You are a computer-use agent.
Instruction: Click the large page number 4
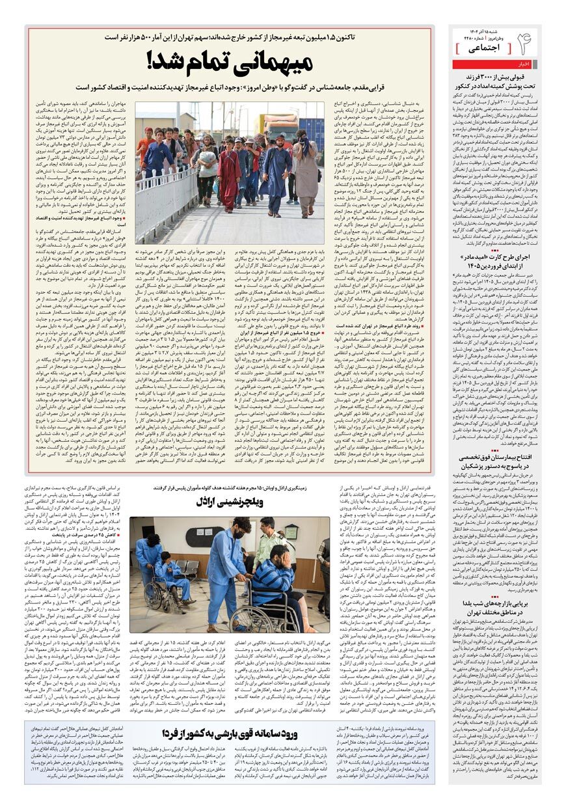click(525, 44)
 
